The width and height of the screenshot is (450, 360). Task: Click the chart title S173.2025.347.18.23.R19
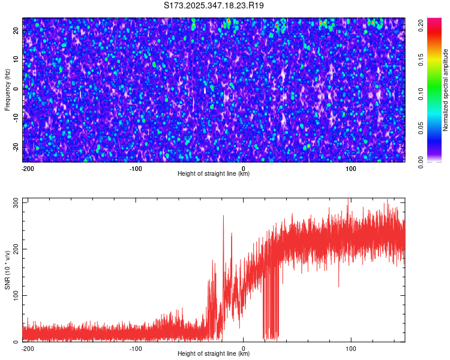pos(214,5)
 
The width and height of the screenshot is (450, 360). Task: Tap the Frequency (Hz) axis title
pos(7,89)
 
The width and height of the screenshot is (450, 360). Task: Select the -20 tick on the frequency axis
pos(16,147)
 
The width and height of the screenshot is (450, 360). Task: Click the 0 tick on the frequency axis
pos(16,89)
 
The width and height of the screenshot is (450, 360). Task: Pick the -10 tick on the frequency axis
pos(16,118)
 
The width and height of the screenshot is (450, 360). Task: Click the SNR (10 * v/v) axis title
pos(7,269)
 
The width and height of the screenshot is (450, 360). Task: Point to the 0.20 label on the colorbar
pos(422,25)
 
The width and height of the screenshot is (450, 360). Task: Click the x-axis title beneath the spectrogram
pos(214,174)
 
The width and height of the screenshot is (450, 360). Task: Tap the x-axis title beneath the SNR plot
pos(214,354)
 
